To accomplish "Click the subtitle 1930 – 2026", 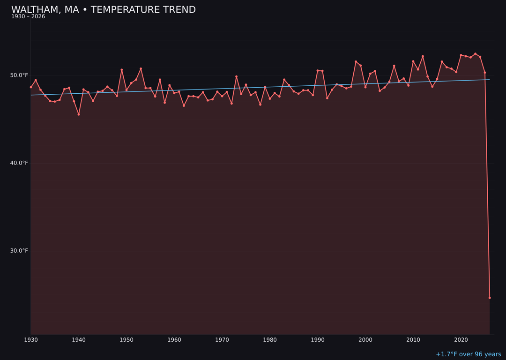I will (x=28, y=17).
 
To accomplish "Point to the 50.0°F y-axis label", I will (x=19, y=75).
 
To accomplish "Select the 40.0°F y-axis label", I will (x=19, y=163).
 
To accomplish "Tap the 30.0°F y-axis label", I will (x=19, y=250).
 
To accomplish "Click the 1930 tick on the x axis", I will (x=31, y=339).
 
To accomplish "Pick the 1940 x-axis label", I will (x=79, y=339).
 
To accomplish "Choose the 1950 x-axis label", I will (x=126, y=339).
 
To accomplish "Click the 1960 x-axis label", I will (x=174, y=339).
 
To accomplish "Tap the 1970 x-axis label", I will (x=222, y=339).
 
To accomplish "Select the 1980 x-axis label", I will (x=270, y=339).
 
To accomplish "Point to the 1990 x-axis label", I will (x=318, y=339).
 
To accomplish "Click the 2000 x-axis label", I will (x=365, y=339).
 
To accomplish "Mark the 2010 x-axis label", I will (x=413, y=339).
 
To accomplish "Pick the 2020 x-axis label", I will (x=461, y=339).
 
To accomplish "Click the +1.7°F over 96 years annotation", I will (x=468, y=354).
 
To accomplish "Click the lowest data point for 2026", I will (x=490, y=298).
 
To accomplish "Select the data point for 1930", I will (x=31, y=87).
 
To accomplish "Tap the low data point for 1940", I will (x=79, y=114).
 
